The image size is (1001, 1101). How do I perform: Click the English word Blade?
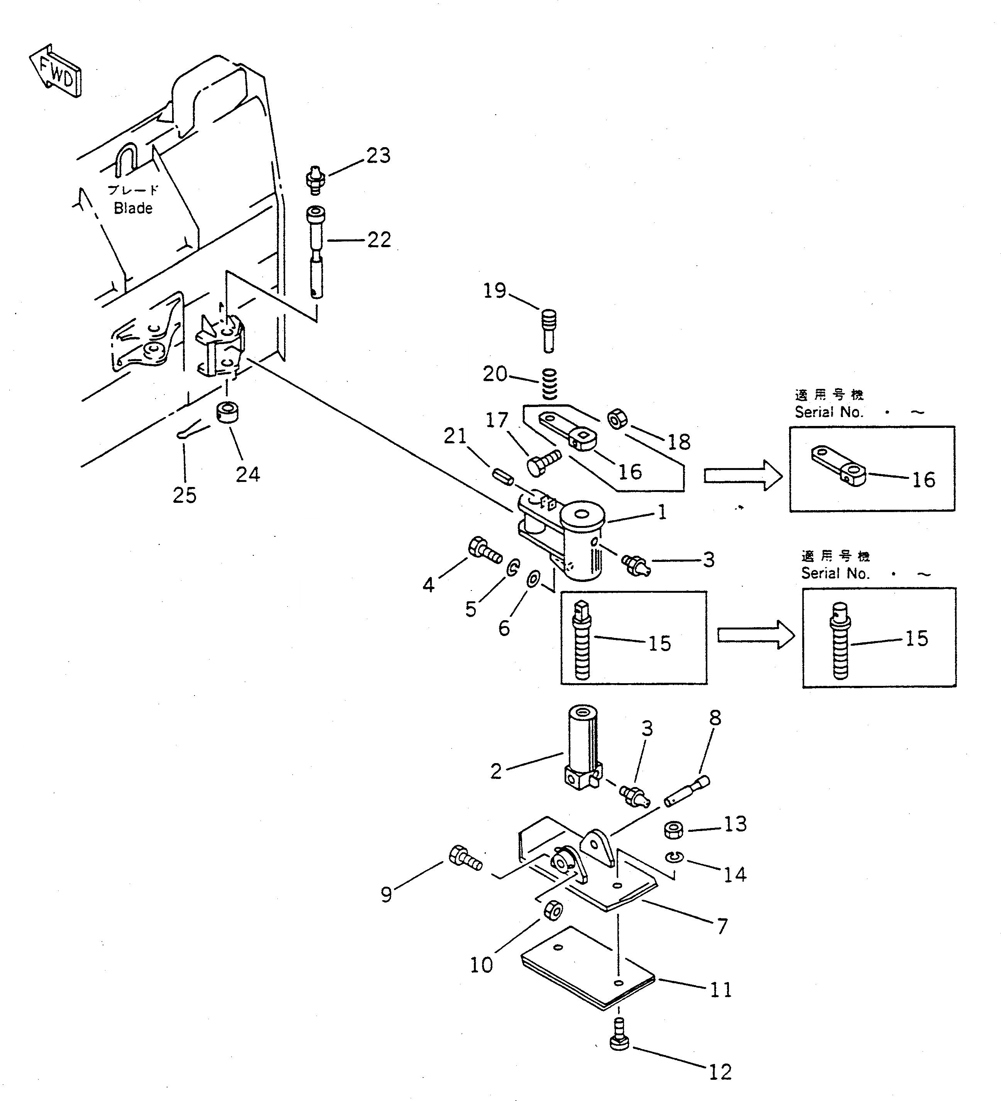(133, 208)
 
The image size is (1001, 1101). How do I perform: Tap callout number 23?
(378, 156)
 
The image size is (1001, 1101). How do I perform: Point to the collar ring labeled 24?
(224, 412)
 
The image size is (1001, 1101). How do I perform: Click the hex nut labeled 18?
(617, 419)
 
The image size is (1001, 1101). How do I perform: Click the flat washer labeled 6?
(533, 578)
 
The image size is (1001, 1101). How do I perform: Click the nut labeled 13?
(673, 831)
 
